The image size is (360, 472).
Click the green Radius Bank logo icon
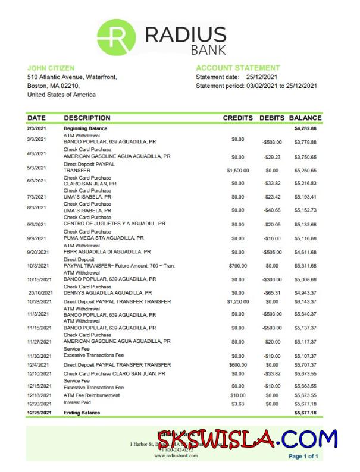coord(115,37)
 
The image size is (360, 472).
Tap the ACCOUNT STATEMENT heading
coord(237,68)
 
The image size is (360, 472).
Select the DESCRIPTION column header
coord(87,118)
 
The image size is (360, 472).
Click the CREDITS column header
coord(237,118)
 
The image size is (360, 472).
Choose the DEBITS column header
coord(272,118)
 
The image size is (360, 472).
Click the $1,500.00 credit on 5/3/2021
coord(237,171)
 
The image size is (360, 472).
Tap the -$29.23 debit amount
coord(272,157)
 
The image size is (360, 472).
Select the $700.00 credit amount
coord(237,266)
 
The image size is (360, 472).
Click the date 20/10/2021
coord(40,293)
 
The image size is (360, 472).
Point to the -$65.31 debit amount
coord(272,293)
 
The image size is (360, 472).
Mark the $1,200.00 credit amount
coord(237,302)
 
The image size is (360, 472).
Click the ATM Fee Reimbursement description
coord(91,395)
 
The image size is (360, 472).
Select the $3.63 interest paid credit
coord(237,404)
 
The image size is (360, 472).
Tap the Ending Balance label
coord(82,413)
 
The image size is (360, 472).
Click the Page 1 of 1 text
coord(303,457)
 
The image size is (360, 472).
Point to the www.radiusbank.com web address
coord(176,456)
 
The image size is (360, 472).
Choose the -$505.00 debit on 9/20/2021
coord(272,252)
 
